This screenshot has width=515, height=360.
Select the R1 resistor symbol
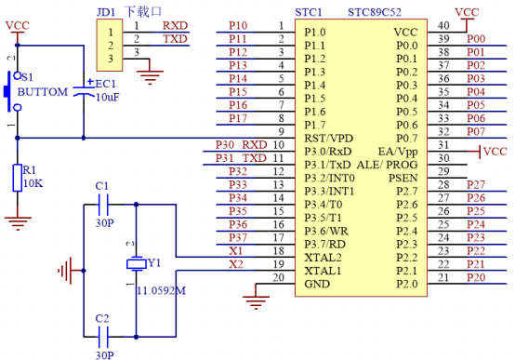tap(16, 178)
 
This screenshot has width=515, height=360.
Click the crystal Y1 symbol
tap(136, 263)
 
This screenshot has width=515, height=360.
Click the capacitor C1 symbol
tap(103, 206)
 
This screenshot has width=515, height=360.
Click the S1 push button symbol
tap(12, 91)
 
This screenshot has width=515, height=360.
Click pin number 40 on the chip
tap(443, 25)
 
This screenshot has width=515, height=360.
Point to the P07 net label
tap(475, 131)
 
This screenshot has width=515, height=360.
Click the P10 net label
tap(238, 25)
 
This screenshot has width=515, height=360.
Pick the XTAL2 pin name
tap(324, 256)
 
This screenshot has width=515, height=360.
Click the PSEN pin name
tap(403, 177)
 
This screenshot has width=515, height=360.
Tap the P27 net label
tap(475, 185)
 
